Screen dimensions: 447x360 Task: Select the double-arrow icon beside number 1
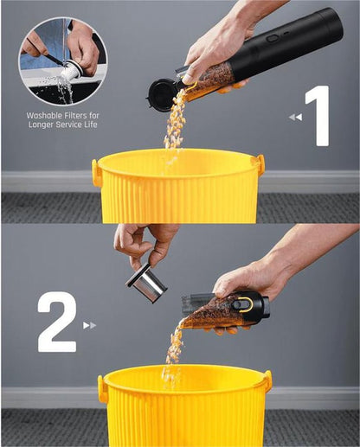coord(296,117)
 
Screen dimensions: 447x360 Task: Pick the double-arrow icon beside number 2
coord(89,325)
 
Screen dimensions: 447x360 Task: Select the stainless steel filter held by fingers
coord(146,284)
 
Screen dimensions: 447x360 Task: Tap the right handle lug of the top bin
coord(258,164)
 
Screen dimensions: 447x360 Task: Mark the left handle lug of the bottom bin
coord(103,388)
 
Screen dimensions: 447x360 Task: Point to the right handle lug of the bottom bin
coord(267,381)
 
